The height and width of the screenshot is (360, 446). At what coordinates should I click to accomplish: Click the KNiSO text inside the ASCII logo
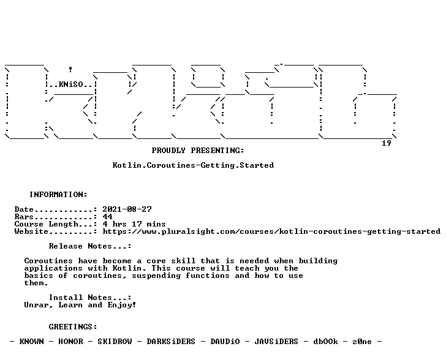pyautogui.click(x=71, y=84)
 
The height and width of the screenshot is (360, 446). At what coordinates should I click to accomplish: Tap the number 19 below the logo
pyautogui.click(x=386, y=143)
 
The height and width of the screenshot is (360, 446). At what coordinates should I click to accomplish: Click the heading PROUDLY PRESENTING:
pyautogui.click(x=198, y=151)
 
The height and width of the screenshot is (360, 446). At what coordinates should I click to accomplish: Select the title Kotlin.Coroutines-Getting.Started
pyautogui.click(x=193, y=165)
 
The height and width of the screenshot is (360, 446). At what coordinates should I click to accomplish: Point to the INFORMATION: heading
pyautogui.click(x=58, y=195)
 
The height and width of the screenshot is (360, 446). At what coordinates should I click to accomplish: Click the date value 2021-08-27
pyautogui.click(x=127, y=209)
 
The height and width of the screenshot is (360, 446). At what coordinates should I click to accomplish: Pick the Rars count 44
pyautogui.click(x=108, y=217)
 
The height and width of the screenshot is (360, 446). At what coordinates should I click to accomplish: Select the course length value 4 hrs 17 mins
pyautogui.click(x=134, y=224)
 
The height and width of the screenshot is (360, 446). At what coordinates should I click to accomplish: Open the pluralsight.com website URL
pyautogui.click(x=271, y=231)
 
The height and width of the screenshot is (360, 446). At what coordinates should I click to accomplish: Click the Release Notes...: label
pyautogui.click(x=90, y=246)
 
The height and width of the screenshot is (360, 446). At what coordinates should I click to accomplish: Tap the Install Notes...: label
pyautogui.click(x=90, y=298)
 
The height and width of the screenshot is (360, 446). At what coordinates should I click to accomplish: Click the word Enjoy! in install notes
pyautogui.click(x=122, y=305)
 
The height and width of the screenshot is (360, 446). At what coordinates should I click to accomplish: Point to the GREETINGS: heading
pyautogui.click(x=73, y=327)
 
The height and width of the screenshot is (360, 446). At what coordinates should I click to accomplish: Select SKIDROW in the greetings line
pyautogui.click(x=115, y=342)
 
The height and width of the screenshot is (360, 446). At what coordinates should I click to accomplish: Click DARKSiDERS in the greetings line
pyautogui.click(x=171, y=342)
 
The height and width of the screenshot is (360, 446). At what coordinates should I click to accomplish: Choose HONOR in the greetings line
pyautogui.click(x=71, y=342)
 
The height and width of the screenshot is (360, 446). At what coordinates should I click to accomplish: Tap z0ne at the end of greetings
pyautogui.click(x=362, y=342)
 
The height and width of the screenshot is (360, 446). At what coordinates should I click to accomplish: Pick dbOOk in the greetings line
pyautogui.click(x=325, y=342)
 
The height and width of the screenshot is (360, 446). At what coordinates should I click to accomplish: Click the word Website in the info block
pyautogui.click(x=32, y=231)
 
